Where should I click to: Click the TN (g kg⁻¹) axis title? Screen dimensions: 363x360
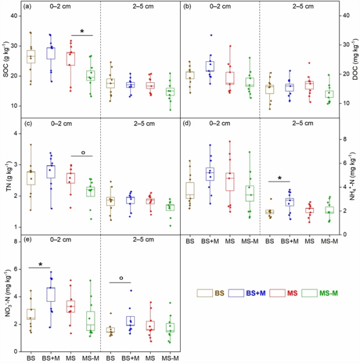(x=6, y=175)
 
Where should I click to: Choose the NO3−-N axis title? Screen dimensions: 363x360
(x=6, y=292)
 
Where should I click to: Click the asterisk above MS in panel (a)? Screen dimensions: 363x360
(x=82, y=31)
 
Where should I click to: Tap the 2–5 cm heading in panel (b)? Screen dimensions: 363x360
(x=301, y=7)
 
